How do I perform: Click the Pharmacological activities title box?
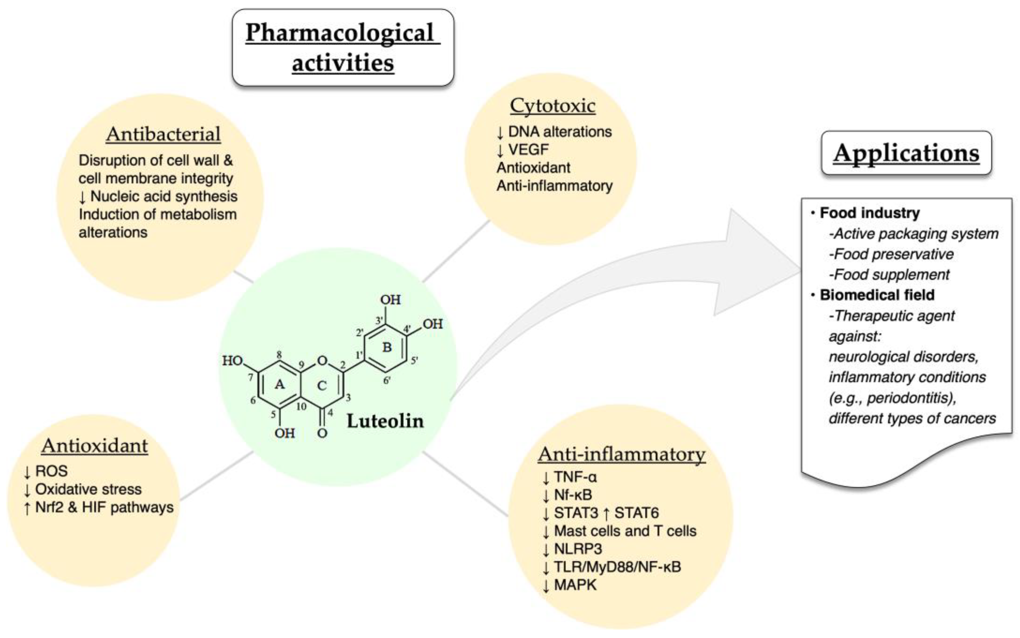click(343, 48)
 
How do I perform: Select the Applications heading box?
click(906, 153)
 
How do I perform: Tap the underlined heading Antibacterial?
click(163, 134)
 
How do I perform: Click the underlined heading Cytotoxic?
click(553, 106)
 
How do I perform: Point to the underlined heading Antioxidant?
click(95, 446)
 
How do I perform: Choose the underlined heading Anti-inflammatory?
click(621, 454)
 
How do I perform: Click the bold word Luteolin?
click(385, 421)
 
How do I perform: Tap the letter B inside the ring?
click(387, 347)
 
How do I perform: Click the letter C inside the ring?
click(322, 385)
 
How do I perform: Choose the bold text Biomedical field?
click(877, 295)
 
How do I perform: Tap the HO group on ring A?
click(232, 361)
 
